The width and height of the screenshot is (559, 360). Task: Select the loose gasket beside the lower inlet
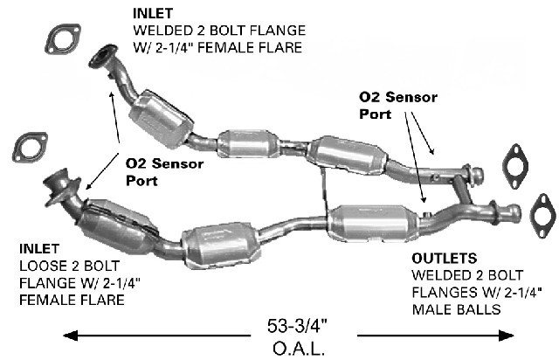31,146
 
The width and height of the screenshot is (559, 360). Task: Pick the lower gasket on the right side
542,213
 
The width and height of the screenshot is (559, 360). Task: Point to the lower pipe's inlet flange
61,183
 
